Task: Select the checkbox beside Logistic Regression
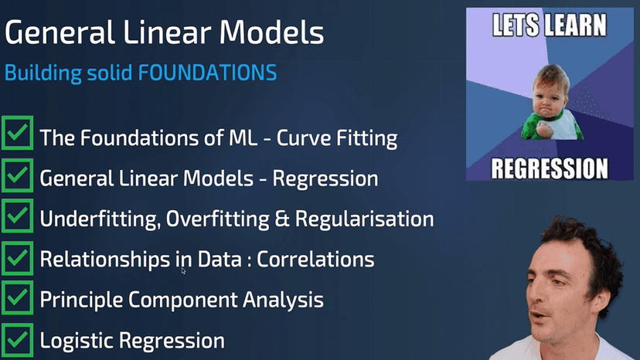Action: pyautogui.click(x=17, y=339)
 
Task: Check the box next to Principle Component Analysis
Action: pyautogui.click(x=17, y=299)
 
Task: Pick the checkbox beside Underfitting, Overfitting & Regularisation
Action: pyautogui.click(x=17, y=219)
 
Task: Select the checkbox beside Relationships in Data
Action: pyautogui.click(x=17, y=259)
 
